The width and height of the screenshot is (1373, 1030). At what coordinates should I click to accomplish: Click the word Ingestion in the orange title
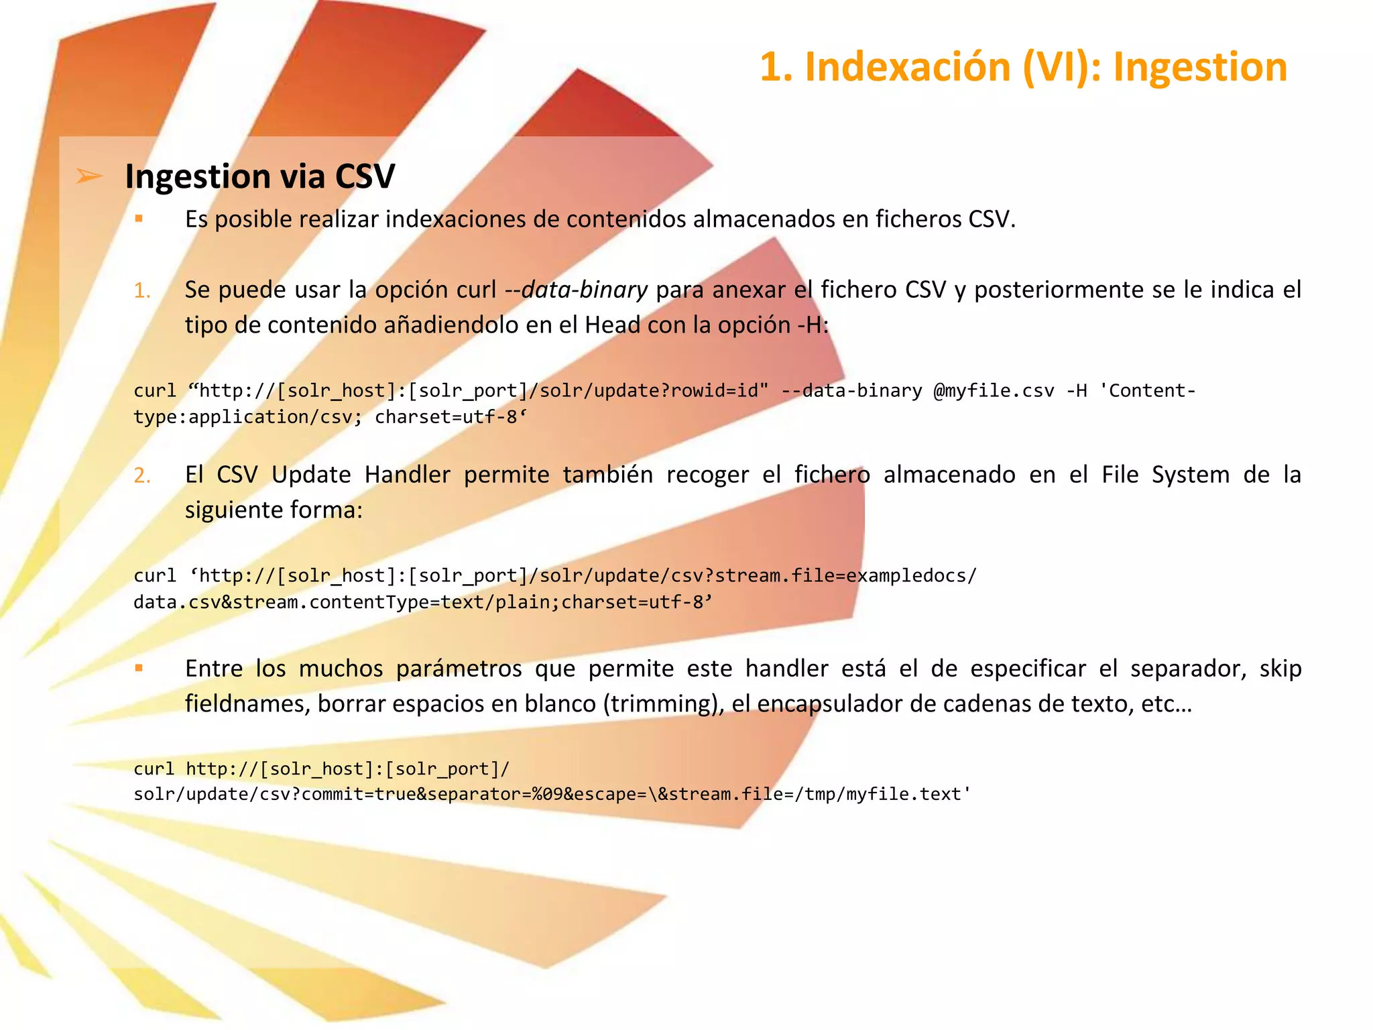1199,68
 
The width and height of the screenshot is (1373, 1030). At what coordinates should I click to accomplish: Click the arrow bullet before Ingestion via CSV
89,176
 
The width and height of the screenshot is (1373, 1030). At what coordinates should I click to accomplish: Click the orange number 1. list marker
142,290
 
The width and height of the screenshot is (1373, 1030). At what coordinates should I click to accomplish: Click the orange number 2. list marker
142,475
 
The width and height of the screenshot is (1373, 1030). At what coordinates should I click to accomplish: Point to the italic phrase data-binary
584,290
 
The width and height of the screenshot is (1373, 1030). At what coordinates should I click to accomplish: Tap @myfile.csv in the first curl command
994,390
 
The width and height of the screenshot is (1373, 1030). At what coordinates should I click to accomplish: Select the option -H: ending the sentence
813,325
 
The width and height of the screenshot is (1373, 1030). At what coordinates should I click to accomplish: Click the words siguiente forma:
274,510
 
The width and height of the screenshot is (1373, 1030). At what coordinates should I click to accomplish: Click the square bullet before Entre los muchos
139,668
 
